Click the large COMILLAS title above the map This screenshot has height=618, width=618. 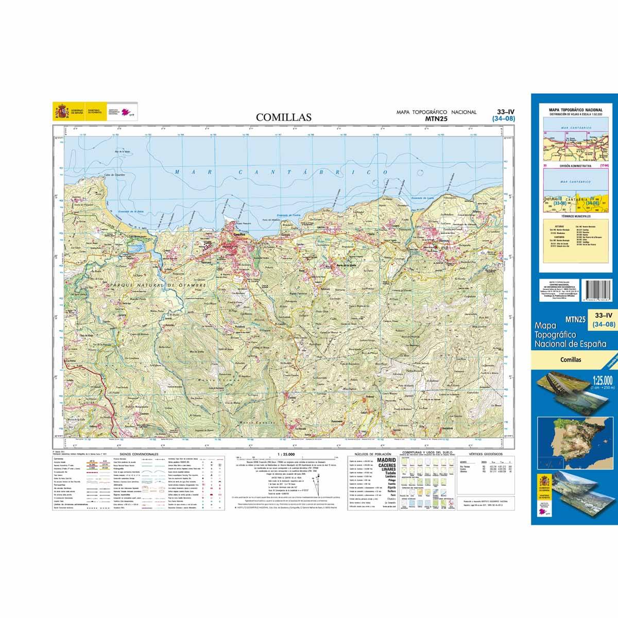click(284, 117)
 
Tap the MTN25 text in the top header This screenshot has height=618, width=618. click(436, 118)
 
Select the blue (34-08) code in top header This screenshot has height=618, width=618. click(503, 119)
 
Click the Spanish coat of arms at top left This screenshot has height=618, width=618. click(60, 111)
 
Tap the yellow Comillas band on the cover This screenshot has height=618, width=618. click(571, 359)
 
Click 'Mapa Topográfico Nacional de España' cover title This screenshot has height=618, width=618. click(571, 335)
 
